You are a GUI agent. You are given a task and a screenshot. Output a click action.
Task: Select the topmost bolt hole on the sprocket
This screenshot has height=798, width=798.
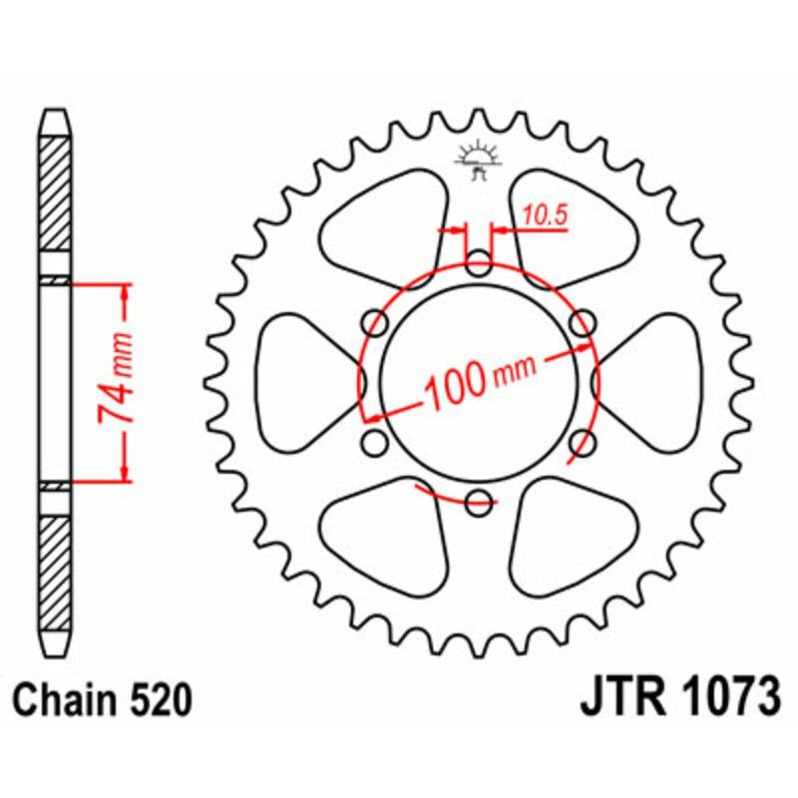tap(479, 266)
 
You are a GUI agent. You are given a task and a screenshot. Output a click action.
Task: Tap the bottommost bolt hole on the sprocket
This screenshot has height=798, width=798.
tap(479, 501)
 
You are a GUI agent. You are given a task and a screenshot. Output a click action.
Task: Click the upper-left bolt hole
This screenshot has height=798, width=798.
tap(376, 322)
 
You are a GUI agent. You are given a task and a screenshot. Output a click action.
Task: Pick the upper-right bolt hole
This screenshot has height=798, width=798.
tap(583, 322)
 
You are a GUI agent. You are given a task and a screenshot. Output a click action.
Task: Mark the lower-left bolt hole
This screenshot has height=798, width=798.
tap(376, 442)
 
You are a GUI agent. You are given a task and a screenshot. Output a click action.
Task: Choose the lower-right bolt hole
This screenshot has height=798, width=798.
tap(583, 442)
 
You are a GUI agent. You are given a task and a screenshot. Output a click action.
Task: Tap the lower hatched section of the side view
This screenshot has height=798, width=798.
tap(55, 559)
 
